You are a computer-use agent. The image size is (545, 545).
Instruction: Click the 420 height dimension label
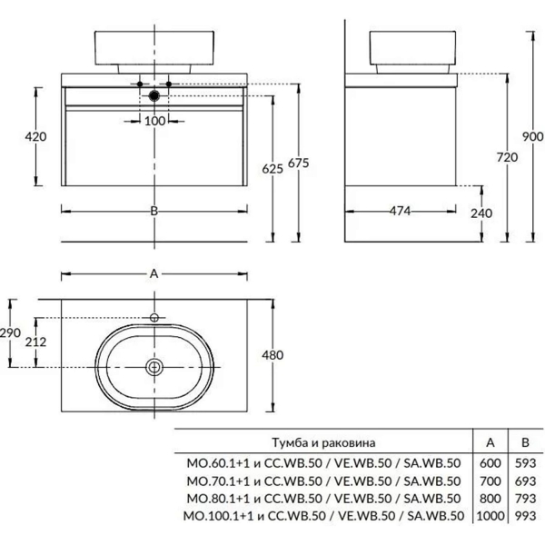(x=35, y=136)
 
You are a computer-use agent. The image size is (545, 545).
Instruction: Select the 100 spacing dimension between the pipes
(x=154, y=121)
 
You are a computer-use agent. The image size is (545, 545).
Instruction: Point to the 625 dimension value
(x=272, y=169)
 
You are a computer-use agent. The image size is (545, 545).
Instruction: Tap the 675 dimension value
(x=299, y=163)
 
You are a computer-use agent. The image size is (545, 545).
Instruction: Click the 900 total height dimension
(x=533, y=136)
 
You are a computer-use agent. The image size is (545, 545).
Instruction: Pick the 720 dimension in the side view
(x=507, y=157)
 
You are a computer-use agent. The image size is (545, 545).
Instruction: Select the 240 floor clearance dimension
(x=481, y=213)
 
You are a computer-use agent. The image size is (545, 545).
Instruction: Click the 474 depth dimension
(x=400, y=211)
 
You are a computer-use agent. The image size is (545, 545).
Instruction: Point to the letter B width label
(x=154, y=211)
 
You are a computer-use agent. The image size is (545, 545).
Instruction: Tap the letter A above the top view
(x=154, y=274)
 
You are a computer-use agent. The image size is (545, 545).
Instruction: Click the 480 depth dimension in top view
(x=272, y=355)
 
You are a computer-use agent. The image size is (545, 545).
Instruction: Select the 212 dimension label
(x=35, y=342)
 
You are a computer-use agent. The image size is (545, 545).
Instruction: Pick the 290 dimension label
(x=10, y=332)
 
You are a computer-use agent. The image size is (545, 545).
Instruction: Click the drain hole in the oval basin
(x=154, y=367)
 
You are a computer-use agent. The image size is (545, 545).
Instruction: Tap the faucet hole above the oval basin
(x=154, y=317)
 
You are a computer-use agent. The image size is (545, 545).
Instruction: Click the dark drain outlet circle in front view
(x=154, y=95)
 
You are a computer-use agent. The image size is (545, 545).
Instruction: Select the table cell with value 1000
(x=490, y=516)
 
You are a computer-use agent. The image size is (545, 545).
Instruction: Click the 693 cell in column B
(x=525, y=481)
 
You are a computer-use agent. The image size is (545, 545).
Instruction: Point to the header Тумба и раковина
(x=323, y=443)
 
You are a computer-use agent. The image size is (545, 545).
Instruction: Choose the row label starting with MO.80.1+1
(x=323, y=499)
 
